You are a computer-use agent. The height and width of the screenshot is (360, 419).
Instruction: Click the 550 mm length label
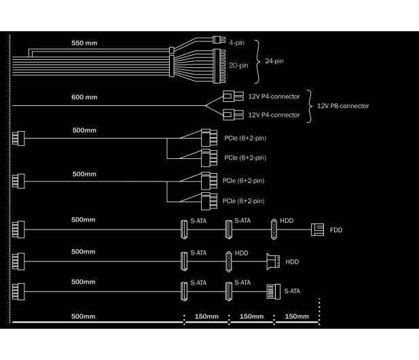coord(84,43)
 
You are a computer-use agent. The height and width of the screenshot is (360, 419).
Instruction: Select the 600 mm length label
coord(84,97)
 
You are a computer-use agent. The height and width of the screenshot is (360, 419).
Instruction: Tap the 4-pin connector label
coord(237,43)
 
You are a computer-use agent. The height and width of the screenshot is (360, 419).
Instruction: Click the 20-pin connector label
coord(238,65)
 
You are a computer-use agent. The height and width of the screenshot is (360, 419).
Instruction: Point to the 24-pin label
coord(274,61)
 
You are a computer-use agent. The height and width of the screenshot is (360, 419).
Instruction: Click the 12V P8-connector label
coord(343,106)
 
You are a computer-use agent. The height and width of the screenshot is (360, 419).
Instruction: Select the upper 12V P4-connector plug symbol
coord(234,96)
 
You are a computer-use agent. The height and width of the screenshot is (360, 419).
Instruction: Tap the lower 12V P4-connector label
coord(274,115)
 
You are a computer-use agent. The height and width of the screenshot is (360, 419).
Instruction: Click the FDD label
coord(336,230)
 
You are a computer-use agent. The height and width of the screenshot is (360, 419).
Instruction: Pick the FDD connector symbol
coord(317,230)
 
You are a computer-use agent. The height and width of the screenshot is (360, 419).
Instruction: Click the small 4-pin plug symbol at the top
coord(219,40)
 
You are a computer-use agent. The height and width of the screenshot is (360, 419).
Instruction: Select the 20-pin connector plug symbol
coord(219,66)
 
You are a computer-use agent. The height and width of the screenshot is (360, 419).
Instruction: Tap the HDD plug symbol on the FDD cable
coord(274,230)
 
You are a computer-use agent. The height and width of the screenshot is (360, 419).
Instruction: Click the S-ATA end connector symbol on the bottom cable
coord(274,291)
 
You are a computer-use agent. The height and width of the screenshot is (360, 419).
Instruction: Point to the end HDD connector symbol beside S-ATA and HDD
coord(273,262)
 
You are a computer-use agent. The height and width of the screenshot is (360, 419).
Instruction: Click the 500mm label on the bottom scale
coord(83,317)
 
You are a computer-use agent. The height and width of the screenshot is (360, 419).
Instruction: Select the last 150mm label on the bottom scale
coord(297,317)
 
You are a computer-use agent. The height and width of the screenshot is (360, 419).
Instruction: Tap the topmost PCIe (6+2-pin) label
coord(245,138)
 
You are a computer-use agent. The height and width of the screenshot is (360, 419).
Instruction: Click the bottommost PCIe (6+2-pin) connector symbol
coord(209,201)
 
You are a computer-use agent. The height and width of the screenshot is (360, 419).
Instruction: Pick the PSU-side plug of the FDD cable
coord(18,230)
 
